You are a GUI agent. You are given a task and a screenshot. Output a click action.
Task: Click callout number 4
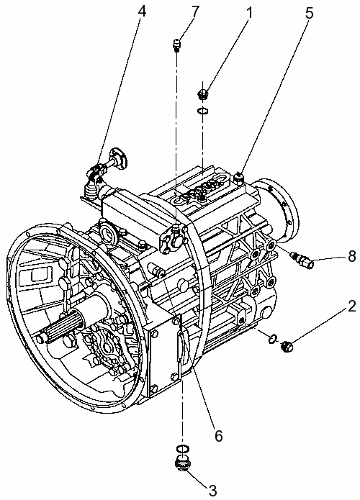click(x=142, y=11)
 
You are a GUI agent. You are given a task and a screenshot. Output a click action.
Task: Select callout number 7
click(x=194, y=11)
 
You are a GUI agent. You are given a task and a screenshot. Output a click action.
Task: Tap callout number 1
click(x=249, y=13)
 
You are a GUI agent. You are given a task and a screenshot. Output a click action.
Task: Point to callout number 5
click(x=309, y=13)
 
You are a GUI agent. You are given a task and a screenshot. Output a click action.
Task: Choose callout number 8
click(x=351, y=256)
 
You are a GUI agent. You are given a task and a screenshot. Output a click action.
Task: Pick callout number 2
click(x=352, y=307)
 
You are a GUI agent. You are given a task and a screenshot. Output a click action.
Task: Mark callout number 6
click(x=218, y=435)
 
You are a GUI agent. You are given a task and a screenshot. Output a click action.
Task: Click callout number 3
click(x=213, y=490)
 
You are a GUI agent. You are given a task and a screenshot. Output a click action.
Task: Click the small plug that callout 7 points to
click(x=177, y=44)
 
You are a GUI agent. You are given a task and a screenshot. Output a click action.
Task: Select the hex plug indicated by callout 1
click(x=203, y=94)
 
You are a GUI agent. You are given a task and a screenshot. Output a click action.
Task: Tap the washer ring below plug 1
click(x=202, y=110)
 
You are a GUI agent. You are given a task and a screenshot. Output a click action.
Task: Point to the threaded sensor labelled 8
click(x=303, y=260)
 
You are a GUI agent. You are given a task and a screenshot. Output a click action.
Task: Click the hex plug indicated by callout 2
click(x=287, y=346)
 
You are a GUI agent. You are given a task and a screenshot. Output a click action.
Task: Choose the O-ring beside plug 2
click(x=273, y=339)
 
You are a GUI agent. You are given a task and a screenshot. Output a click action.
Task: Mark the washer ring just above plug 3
click(x=182, y=448)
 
